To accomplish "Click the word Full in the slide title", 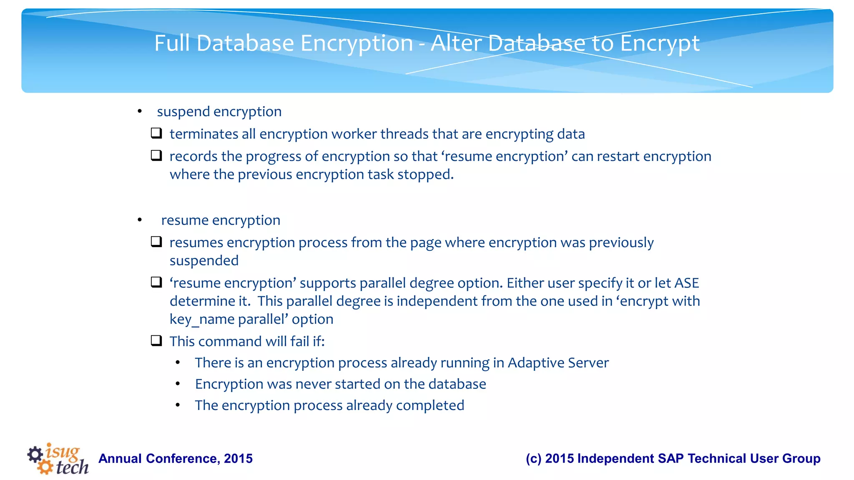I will coord(172,43).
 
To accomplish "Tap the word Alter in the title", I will coord(456,43).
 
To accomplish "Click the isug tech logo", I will coord(58,459).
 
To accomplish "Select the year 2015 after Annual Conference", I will coord(238,458).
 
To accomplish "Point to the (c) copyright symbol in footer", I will coord(533,458).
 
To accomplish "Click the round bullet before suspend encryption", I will coord(140,112).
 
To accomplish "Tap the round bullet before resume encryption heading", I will coord(140,220).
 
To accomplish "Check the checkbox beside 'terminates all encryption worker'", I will coord(156,133).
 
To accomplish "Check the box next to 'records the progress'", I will coord(156,155).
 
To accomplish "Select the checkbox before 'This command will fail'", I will coord(156,341).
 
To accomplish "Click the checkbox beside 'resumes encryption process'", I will coord(156,242).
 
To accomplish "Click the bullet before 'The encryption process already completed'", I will coord(178,405).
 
